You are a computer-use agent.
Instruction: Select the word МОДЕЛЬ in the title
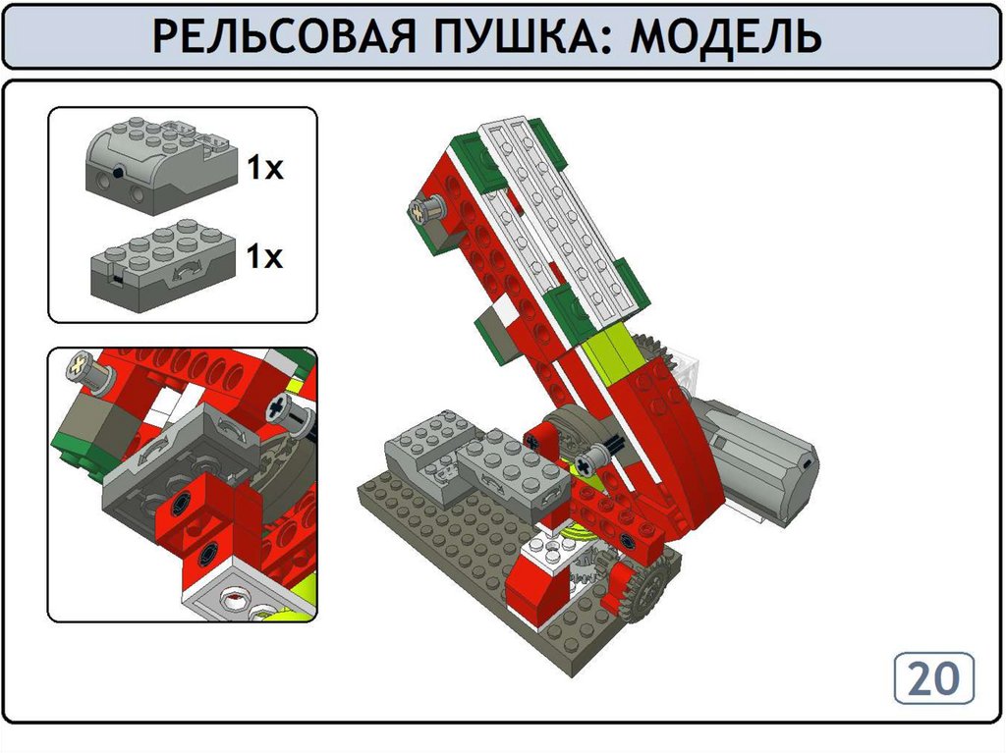(725, 36)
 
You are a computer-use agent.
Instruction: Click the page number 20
(934, 678)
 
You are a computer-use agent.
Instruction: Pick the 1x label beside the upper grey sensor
(265, 168)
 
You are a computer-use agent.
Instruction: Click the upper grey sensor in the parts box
(161, 165)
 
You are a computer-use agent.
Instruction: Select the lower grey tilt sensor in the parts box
(164, 265)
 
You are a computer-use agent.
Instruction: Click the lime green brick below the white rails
(609, 350)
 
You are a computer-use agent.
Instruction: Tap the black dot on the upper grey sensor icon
(118, 172)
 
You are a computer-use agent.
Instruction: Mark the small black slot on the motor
(807, 463)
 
